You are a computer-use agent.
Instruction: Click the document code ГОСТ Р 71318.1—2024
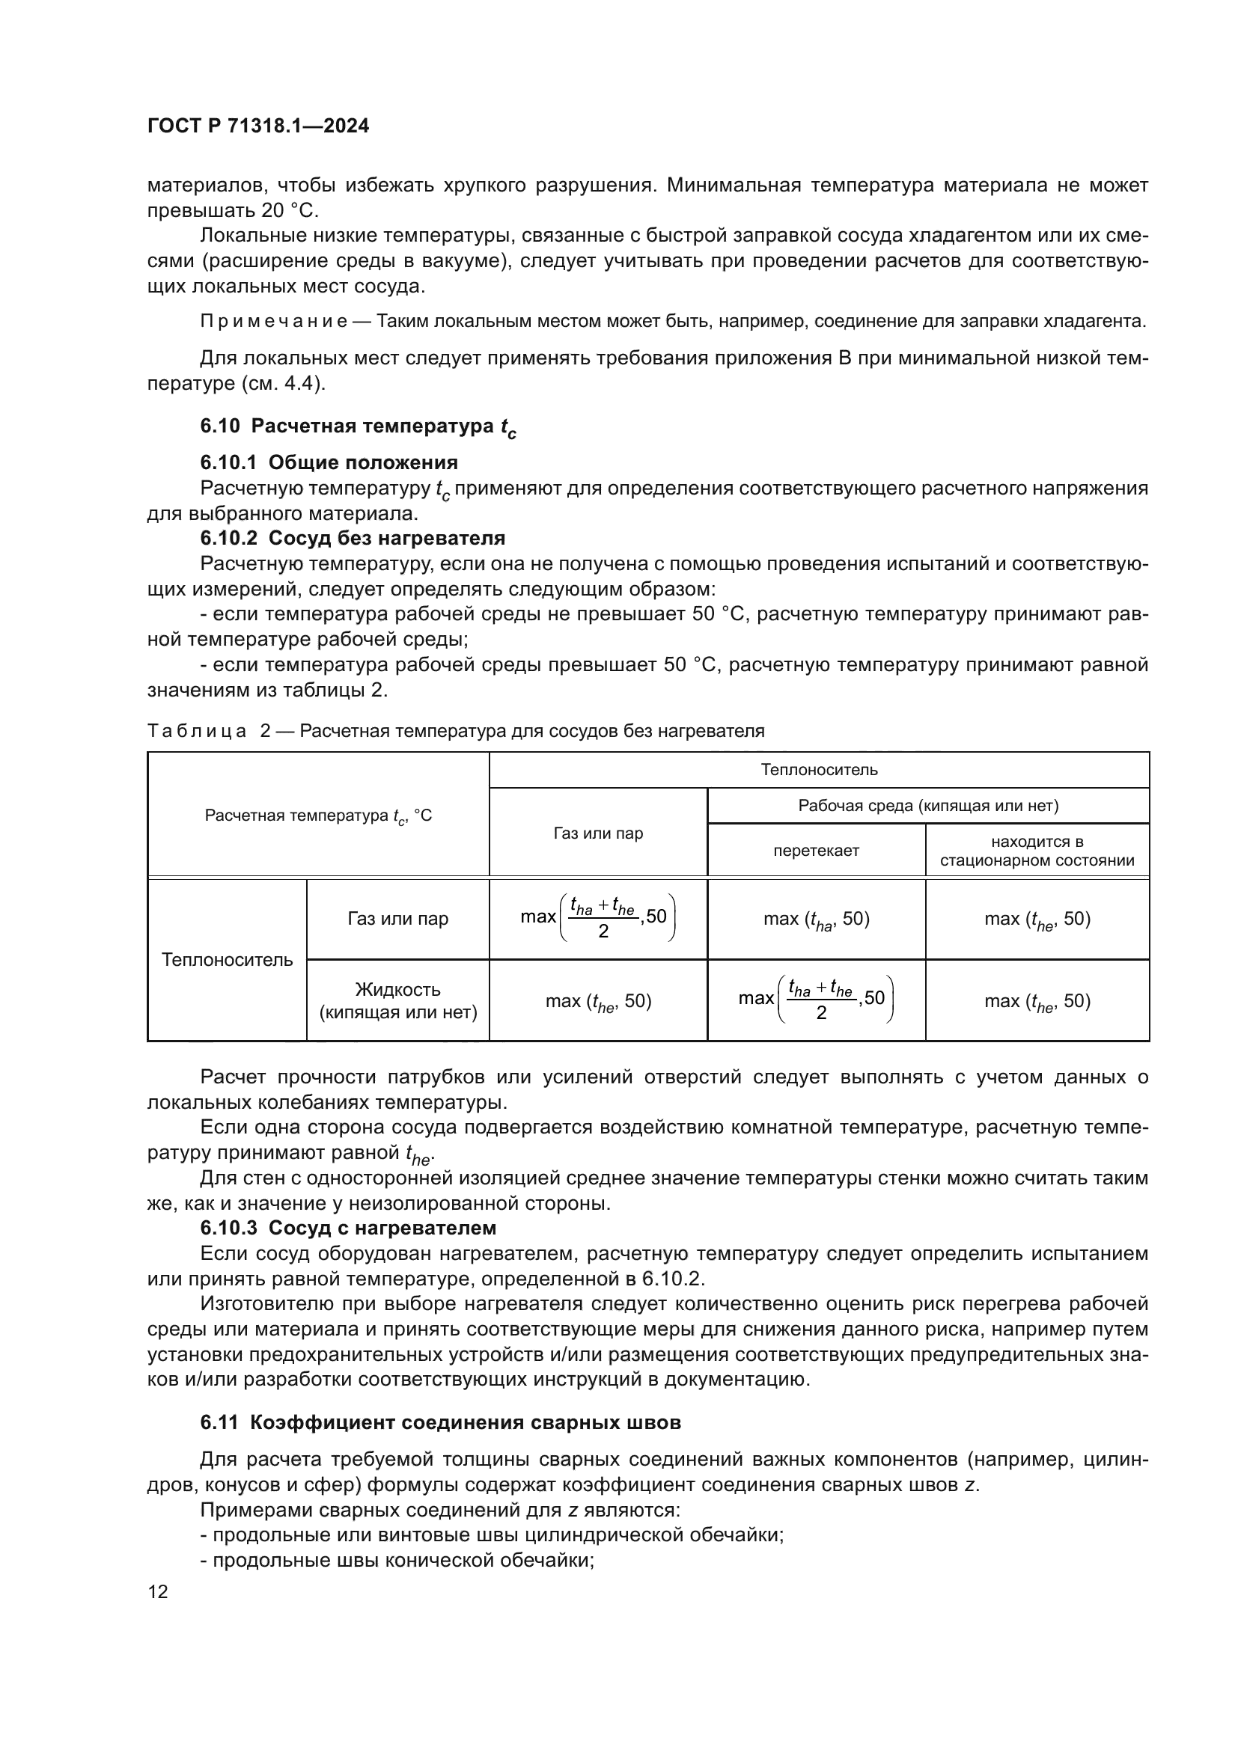(257, 126)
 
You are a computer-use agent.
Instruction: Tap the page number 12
(158, 1591)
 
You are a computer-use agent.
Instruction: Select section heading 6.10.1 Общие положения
(329, 462)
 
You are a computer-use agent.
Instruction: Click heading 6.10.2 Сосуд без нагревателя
(353, 538)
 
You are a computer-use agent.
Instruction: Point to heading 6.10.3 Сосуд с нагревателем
(347, 1228)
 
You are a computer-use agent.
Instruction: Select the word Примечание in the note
(274, 321)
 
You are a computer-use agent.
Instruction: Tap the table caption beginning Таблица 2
(455, 731)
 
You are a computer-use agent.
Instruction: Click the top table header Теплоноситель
(819, 770)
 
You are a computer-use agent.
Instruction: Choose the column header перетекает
(816, 851)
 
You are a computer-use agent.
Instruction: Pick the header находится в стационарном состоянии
(1037, 851)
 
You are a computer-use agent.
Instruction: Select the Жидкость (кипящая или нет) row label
(398, 1001)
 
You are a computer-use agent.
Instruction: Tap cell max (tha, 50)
(816, 920)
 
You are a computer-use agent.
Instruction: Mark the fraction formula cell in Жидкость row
(816, 1000)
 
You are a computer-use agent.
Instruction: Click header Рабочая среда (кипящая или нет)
(927, 806)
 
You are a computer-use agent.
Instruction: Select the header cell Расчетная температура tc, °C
(318, 816)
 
